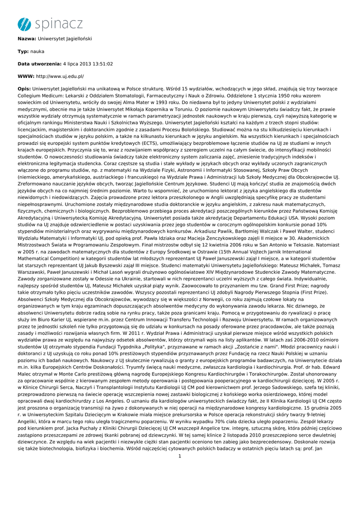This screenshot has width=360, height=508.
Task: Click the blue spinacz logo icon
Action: point(23,23)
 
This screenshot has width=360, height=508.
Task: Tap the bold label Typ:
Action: point(23,51)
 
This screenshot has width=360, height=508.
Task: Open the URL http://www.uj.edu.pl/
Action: point(60,77)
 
